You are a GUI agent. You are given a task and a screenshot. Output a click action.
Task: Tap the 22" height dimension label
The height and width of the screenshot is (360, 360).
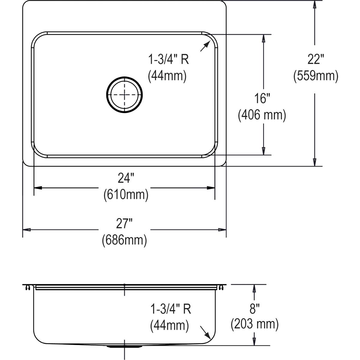click(x=316, y=59)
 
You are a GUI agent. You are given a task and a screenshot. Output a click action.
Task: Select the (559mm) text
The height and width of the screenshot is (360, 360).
click(x=316, y=76)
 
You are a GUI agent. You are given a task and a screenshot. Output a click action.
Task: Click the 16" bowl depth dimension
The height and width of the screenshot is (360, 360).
click(x=262, y=98)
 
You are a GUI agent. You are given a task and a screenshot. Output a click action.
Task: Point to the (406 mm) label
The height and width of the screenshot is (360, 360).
click(x=262, y=115)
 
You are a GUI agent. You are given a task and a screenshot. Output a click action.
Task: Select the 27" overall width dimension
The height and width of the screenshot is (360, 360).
click(x=124, y=223)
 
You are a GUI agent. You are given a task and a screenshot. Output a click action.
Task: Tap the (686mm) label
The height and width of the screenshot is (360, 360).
click(x=124, y=240)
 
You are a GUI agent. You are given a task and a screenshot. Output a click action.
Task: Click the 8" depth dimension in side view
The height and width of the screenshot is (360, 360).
click(x=254, y=309)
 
